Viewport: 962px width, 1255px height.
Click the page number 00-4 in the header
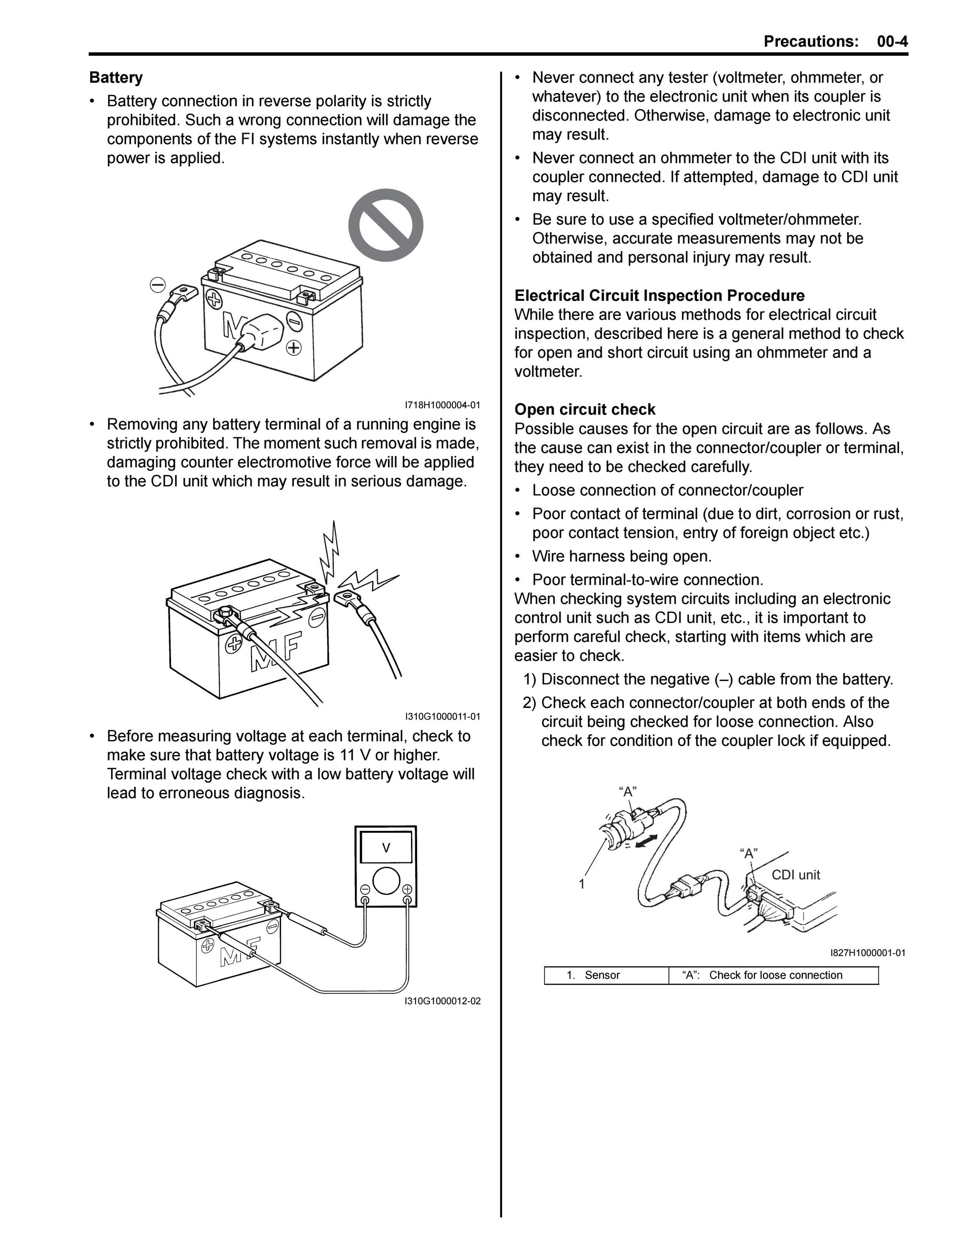892,41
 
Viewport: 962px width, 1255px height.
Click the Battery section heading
116,77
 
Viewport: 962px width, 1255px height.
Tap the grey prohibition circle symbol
386,225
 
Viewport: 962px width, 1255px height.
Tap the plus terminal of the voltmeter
407,889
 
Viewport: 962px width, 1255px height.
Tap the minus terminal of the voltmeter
365,889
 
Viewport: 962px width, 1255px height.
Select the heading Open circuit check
584,410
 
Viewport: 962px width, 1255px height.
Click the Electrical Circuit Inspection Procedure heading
659,296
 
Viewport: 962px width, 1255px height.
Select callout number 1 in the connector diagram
582,884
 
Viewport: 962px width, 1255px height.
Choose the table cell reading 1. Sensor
606,975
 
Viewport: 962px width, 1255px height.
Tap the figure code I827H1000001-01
868,953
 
